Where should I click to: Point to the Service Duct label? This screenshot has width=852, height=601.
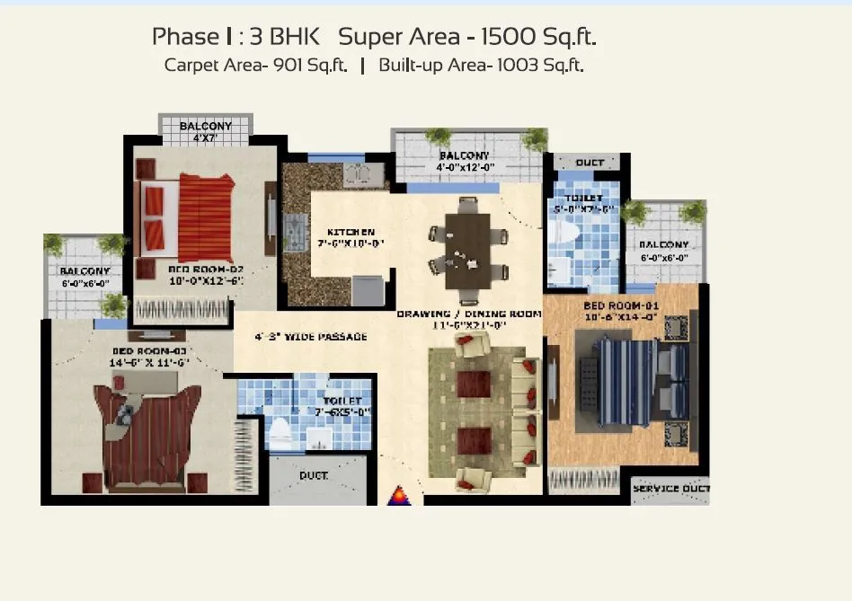[670, 489]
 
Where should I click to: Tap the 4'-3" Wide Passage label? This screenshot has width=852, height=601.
[311, 337]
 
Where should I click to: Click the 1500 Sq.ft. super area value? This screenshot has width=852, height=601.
[539, 37]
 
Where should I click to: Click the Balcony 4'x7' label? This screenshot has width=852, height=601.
[205, 131]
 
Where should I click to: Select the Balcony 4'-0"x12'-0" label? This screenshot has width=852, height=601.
[466, 161]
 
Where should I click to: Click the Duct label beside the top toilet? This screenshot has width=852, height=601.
[590, 163]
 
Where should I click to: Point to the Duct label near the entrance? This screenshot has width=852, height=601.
[314, 475]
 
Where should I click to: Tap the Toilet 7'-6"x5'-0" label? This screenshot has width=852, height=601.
[342, 406]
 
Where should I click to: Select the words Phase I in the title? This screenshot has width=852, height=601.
[185, 37]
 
